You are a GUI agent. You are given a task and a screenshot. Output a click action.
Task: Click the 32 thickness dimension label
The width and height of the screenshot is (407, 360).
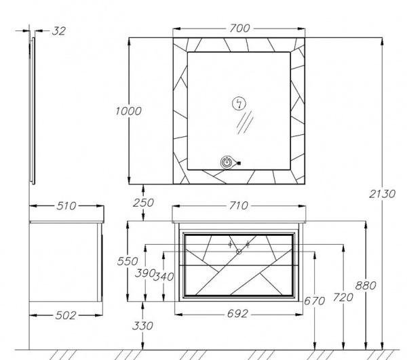pyautogui.click(x=59, y=31)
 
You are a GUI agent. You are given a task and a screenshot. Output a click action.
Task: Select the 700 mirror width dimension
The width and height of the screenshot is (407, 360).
pyautogui.click(x=239, y=28)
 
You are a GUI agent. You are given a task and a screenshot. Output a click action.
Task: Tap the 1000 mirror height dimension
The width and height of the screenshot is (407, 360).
pyautogui.click(x=128, y=111)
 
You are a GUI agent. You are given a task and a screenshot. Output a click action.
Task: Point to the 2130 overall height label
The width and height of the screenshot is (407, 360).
pyautogui.click(x=382, y=194)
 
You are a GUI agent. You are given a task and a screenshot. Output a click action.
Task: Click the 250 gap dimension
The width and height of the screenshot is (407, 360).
pyautogui.click(x=143, y=203)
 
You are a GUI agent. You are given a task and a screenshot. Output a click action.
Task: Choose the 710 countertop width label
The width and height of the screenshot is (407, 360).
pyautogui.click(x=238, y=205)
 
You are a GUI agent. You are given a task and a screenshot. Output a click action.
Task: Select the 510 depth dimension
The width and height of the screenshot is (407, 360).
pyautogui.click(x=66, y=206)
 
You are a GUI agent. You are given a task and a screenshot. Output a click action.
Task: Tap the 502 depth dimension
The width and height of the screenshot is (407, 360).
pyautogui.click(x=66, y=315)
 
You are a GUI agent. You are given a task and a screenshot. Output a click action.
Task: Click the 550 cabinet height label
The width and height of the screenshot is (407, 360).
pyautogui.click(x=128, y=261)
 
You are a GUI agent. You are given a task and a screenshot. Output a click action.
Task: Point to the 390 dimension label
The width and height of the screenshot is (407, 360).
pyautogui.click(x=144, y=273)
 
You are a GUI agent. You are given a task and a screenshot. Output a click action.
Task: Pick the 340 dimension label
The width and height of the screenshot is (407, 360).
pyautogui.click(x=163, y=277)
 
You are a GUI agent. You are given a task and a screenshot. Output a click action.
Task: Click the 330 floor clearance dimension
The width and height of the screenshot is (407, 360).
pyautogui.click(x=142, y=325)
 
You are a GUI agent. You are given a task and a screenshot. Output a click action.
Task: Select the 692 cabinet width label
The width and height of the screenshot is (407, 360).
pyautogui.click(x=237, y=314)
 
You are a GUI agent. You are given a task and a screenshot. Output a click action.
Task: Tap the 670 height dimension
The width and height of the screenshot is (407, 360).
pyautogui.click(x=314, y=301)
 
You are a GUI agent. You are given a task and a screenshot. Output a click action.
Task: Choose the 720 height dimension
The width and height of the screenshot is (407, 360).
pyautogui.click(x=343, y=298)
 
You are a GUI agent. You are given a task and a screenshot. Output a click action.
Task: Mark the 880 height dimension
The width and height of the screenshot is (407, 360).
pyautogui.click(x=366, y=285)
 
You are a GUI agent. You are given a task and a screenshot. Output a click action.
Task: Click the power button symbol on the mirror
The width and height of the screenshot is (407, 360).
pyautogui.click(x=227, y=163)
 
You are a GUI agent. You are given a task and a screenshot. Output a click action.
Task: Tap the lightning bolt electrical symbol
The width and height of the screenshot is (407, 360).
pyautogui.click(x=239, y=104)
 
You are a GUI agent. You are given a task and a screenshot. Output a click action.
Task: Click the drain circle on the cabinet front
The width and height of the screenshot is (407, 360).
pyautogui.click(x=239, y=252)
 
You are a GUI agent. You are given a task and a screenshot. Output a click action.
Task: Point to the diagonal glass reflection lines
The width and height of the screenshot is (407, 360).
pyautogui.click(x=245, y=123)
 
